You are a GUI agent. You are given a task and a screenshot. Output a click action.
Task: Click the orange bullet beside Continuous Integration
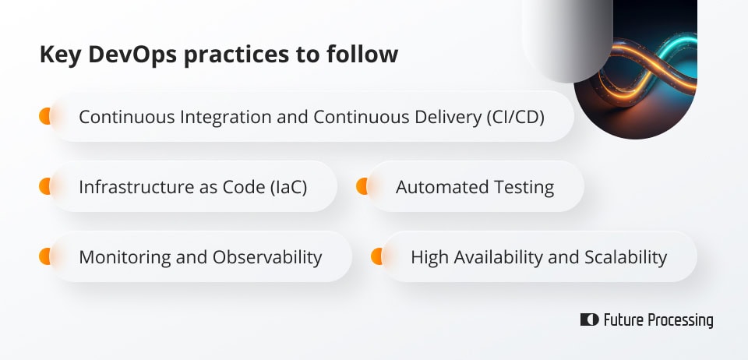coord(44,117)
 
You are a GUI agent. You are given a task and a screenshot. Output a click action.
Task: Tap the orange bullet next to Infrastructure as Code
coord(44,187)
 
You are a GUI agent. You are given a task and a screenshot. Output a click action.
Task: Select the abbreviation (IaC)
coord(284,187)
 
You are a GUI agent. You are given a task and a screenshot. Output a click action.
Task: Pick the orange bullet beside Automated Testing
coord(362,187)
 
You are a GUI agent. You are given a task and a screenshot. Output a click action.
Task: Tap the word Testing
coord(524,187)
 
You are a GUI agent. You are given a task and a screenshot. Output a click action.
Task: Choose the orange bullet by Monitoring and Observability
coord(44,256)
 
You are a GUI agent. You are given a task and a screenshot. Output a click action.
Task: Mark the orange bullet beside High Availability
coord(376,256)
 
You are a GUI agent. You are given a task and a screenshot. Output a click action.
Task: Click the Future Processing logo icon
coord(589,320)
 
